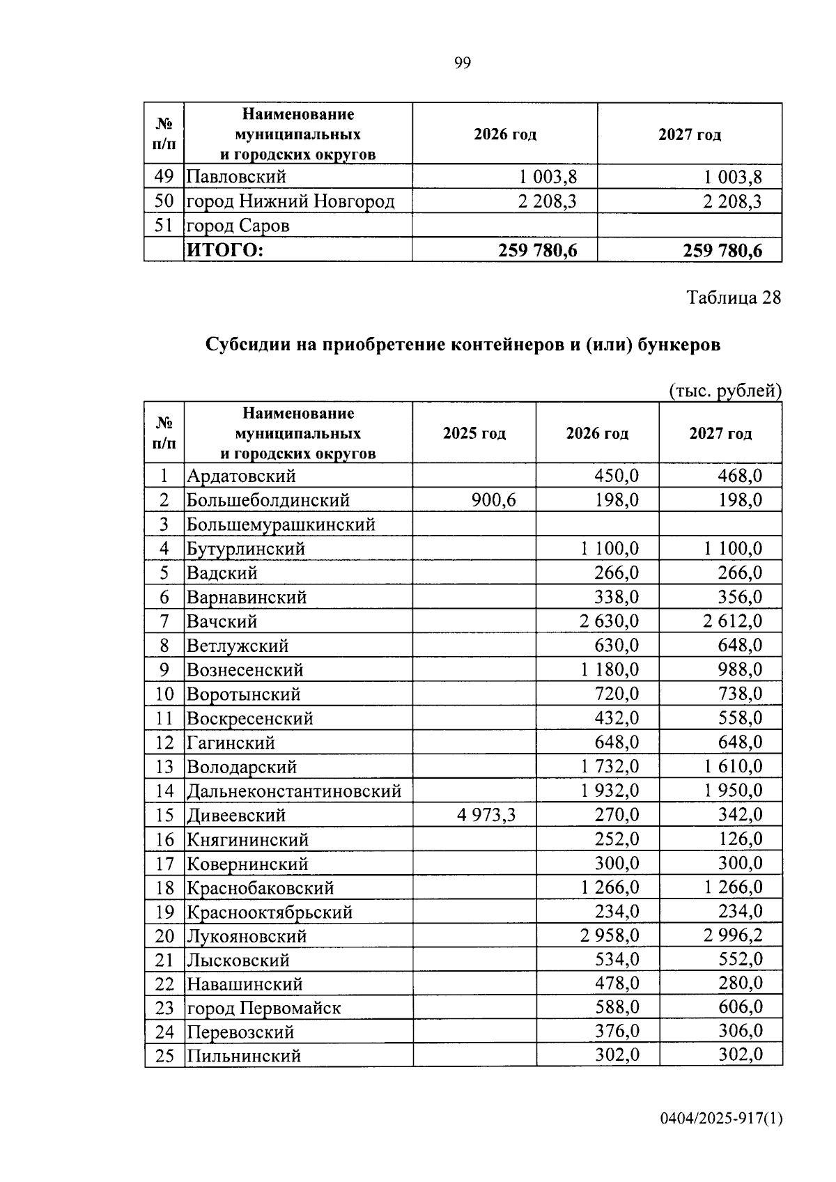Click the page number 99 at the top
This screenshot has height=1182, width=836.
coord(463,63)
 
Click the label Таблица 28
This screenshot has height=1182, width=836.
coord(734,297)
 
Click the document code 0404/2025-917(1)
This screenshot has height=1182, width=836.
coord(722,1119)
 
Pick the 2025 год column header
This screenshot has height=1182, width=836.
coord(474,433)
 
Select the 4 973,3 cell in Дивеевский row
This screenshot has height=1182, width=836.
coord(486,815)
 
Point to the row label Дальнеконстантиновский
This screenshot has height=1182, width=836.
coord(293,791)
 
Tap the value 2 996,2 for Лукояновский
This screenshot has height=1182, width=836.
coord(732,935)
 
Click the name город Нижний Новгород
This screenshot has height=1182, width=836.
coord(290,202)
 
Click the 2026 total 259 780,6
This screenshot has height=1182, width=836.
coord(537,250)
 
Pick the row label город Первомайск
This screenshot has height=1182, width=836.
coord(263,1009)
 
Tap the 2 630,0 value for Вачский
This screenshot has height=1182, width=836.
coord(609,621)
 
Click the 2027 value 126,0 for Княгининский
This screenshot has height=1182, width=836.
coord(740,839)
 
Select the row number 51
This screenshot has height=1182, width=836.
coord(163,226)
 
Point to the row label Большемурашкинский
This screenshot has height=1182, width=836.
coord(281,524)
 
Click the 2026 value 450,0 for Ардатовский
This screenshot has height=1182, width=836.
coord(616,476)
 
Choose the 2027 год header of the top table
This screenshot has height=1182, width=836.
coord(689,134)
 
